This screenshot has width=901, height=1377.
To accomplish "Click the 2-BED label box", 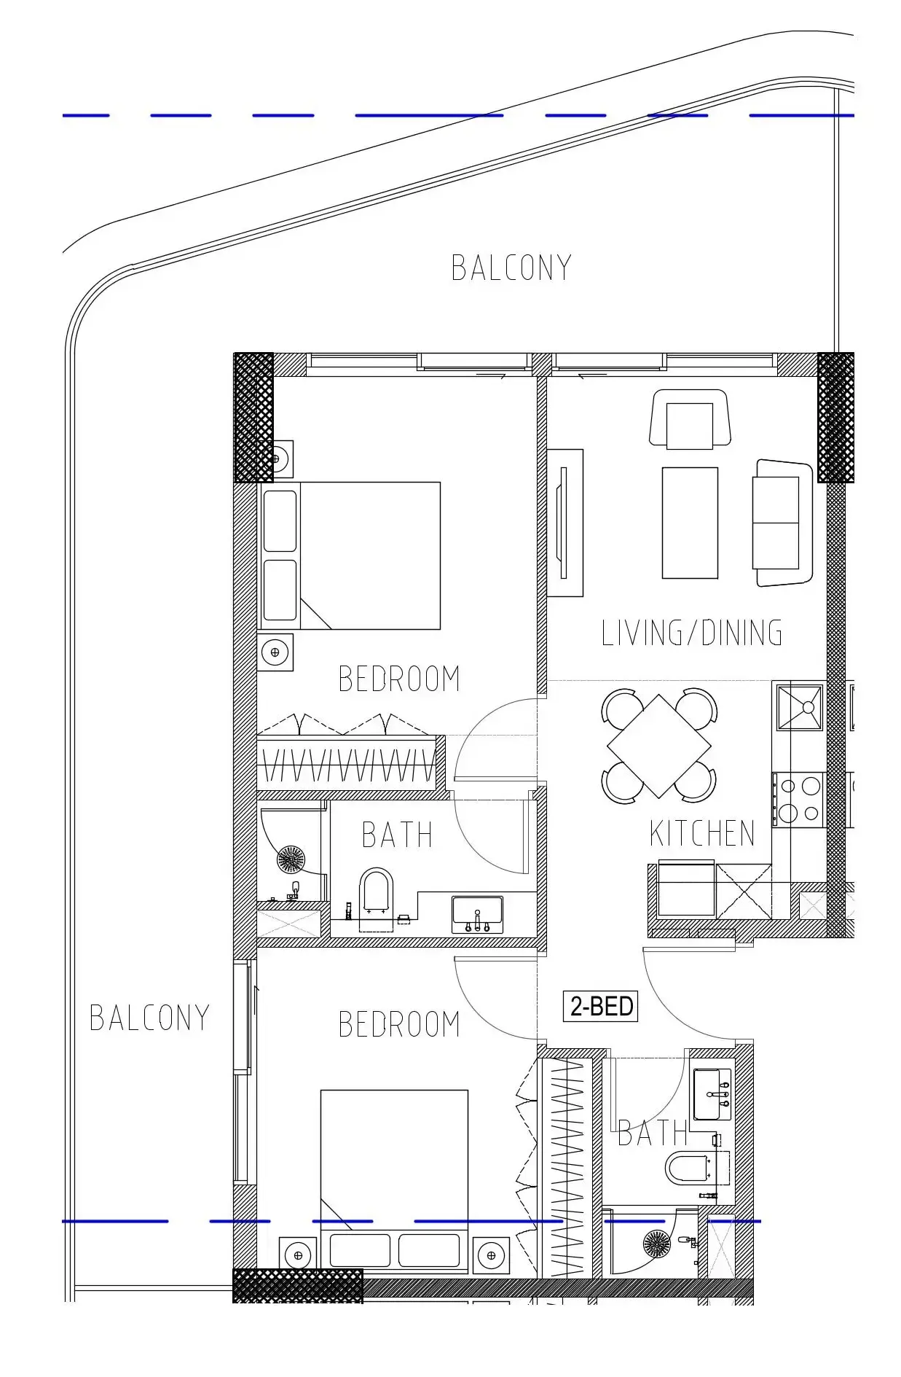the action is point(600,1006).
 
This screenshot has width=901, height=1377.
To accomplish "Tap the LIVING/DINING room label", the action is point(692,632).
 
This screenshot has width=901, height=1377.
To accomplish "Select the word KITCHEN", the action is point(702,833).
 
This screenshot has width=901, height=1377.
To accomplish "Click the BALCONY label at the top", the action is point(511,268).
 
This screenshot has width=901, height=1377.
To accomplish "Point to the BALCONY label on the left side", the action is point(149,1018).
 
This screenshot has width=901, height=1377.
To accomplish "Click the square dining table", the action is point(658,746).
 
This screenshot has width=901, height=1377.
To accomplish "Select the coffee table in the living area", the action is point(690,523).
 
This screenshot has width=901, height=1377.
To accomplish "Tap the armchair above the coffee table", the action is point(690,418).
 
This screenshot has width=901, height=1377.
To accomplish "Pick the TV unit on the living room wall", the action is point(565,523).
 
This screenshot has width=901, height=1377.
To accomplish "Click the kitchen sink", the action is point(800,706).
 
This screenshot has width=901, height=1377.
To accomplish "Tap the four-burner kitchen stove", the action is point(800,800).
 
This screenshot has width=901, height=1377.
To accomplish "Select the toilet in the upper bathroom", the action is point(376,900).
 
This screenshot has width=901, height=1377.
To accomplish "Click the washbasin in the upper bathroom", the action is point(477,914).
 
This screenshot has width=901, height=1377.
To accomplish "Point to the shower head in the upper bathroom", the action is point(291,859).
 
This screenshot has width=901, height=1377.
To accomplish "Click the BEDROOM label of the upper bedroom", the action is point(399,679).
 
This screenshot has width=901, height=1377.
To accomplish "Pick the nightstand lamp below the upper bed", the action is point(275,652).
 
